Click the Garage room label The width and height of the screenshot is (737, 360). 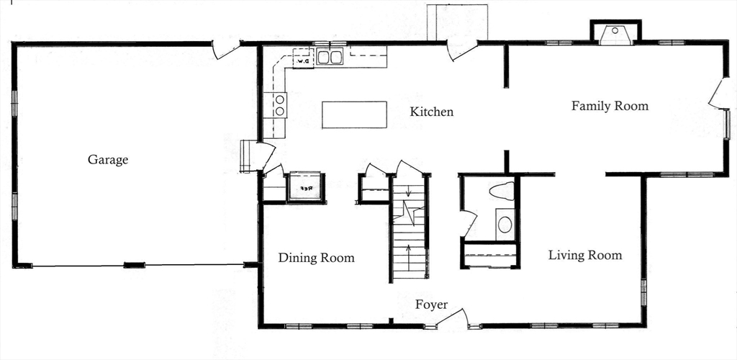click(x=108, y=159)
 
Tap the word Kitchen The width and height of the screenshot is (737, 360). click(x=432, y=112)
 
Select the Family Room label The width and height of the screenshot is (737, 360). click(x=610, y=106)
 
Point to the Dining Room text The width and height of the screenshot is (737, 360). click(x=316, y=258)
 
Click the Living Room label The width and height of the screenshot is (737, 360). click(x=584, y=255)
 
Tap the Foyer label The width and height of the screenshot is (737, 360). click(x=431, y=305)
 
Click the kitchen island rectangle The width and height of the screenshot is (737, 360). click(x=354, y=114)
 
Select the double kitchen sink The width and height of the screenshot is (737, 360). click(x=330, y=57)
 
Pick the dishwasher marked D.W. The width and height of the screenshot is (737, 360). click(x=303, y=61)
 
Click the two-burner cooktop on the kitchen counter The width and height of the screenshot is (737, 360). click(x=279, y=105)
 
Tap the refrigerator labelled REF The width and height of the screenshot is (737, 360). click(x=304, y=187)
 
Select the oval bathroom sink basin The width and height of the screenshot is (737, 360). click(x=505, y=225)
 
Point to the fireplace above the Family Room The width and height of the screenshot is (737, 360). click(x=615, y=35)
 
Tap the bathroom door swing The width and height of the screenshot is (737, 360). click(x=468, y=223)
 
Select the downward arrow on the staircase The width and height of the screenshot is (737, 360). click(x=409, y=192)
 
